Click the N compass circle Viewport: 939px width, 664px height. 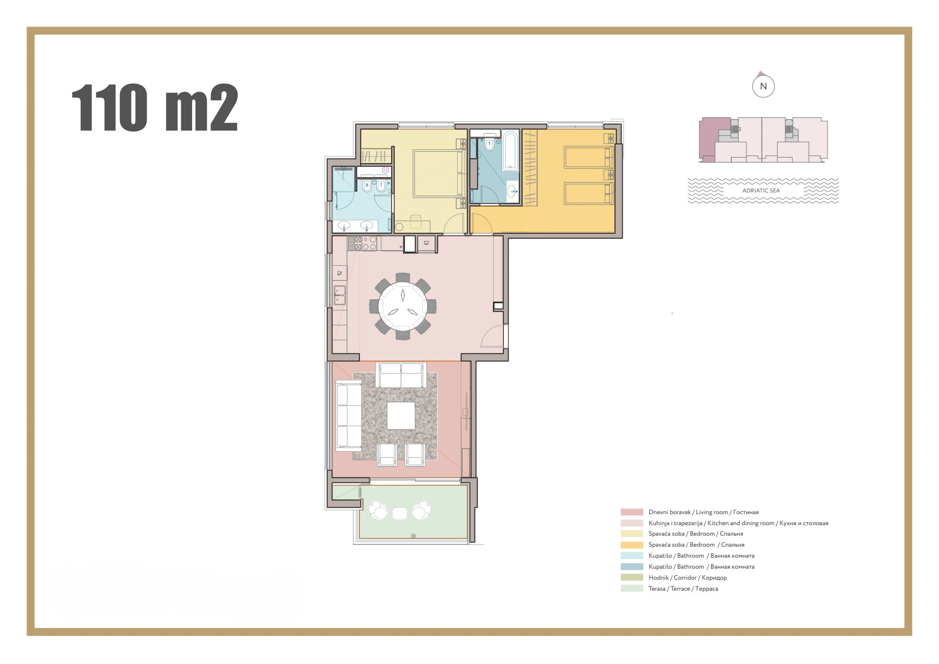tap(763, 86)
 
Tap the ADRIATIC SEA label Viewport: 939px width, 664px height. tap(761, 191)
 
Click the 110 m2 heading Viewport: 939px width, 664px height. tap(155, 108)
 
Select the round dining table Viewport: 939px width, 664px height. tap(403, 306)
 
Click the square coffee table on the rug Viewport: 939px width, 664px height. tap(401, 416)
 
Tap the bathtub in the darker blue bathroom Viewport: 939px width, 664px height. tap(510, 150)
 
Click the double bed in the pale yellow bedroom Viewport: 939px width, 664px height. tap(438, 174)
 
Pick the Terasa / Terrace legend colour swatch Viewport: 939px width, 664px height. tap(631, 588)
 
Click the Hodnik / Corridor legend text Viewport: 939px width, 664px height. tap(687, 577)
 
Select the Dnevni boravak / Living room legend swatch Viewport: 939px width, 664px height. tap(631, 512)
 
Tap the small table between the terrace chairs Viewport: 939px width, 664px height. tap(399, 513)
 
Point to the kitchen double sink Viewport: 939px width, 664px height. tap(339, 295)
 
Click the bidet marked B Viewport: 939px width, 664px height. tap(367, 186)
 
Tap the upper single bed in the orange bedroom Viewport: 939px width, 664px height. tap(588, 157)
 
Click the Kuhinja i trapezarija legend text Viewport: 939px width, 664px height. tap(738, 523)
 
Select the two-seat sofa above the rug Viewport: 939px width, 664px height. tap(401, 375)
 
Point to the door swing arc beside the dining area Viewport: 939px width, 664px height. tap(492, 336)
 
